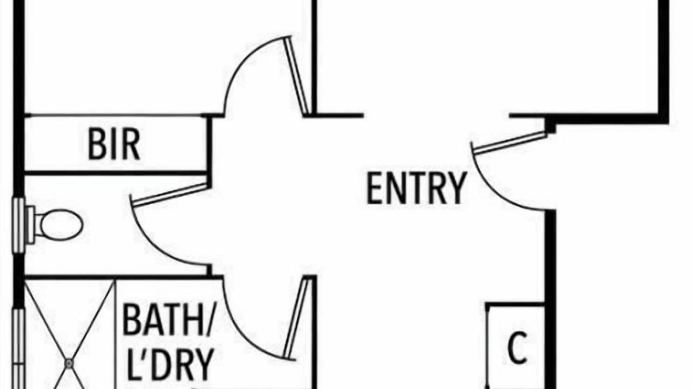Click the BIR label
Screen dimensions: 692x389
114,145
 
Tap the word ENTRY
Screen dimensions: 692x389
416,189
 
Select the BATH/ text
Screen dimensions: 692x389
167,320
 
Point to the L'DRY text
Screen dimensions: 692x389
170,365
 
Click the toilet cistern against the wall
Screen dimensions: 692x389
30,224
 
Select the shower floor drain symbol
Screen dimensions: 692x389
69,364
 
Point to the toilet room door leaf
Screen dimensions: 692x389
169,194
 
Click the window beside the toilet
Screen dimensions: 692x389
18,225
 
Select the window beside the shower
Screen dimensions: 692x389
18,348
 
